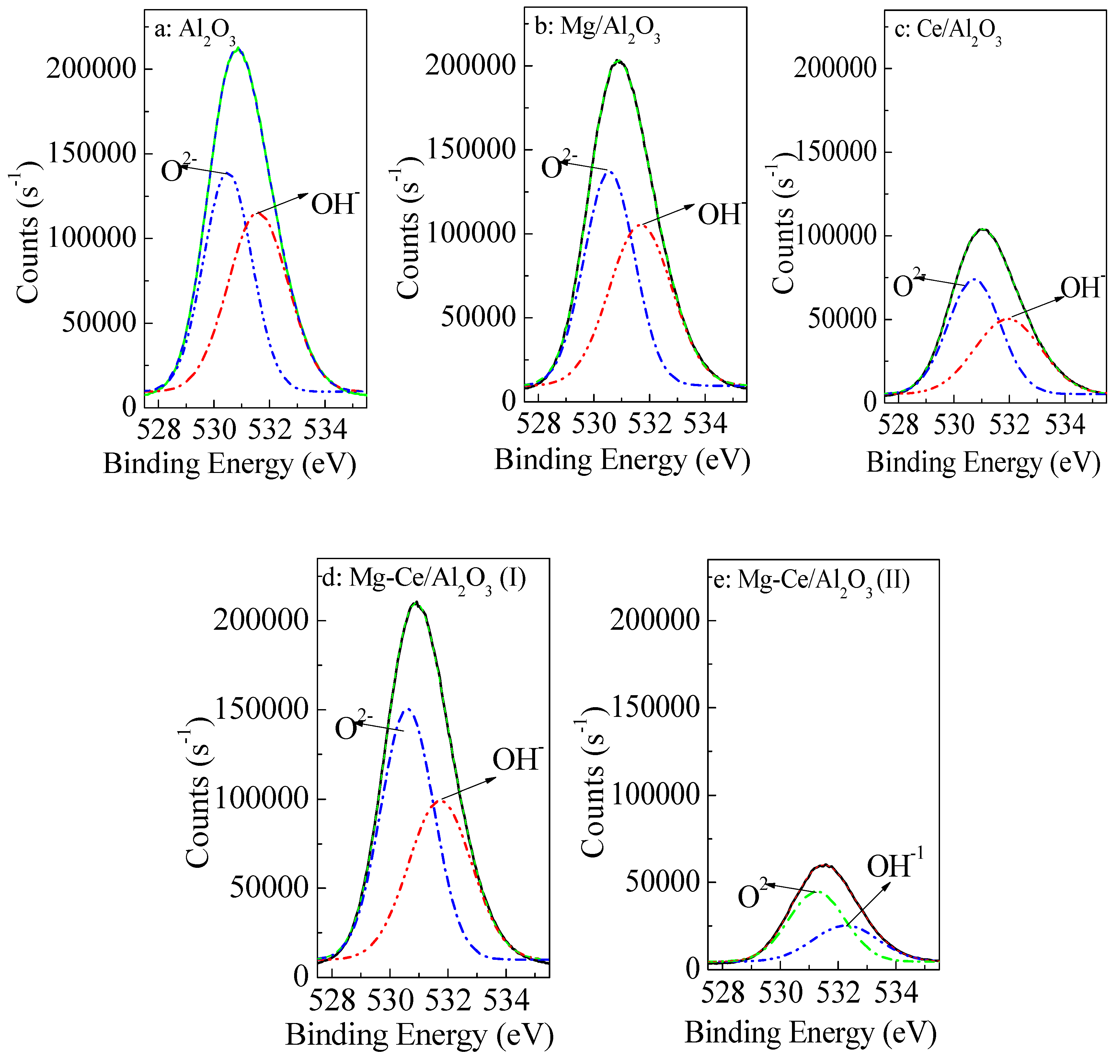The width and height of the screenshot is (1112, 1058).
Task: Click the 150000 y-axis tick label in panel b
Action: tap(471, 149)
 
